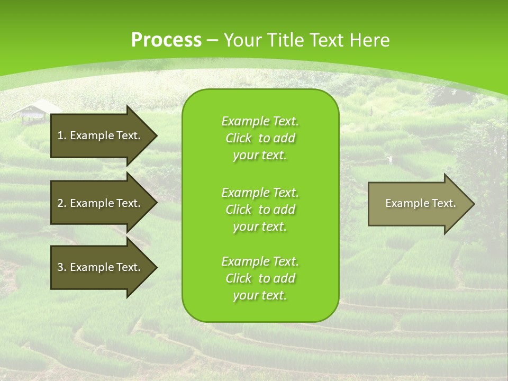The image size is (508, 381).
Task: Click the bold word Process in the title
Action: click(x=166, y=40)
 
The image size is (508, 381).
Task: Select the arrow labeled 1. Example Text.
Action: click(x=101, y=135)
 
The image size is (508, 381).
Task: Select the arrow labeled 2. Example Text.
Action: click(x=101, y=203)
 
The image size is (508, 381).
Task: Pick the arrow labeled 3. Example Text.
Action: click(x=101, y=267)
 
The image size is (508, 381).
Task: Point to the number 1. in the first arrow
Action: click(x=62, y=135)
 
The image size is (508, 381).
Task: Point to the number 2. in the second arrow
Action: click(x=62, y=203)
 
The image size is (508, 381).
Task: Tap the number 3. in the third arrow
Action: click(x=62, y=267)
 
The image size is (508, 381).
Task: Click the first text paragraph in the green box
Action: click(x=260, y=138)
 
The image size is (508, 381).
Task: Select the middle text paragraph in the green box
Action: click(x=260, y=209)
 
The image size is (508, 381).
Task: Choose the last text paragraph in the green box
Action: click(x=260, y=278)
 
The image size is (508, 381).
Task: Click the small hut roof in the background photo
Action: click(x=35, y=108)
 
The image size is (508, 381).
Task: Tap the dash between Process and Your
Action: click(x=212, y=41)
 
